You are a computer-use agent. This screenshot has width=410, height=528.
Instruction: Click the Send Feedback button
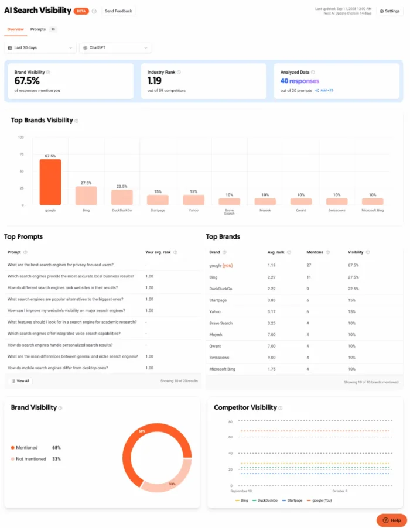click(x=118, y=11)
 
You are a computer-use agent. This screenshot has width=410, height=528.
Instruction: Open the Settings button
click(x=389, y=11)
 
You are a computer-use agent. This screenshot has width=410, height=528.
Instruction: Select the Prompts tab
click(x=38, y=29)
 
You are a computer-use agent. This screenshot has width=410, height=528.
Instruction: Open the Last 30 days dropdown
click(x=40, y=47)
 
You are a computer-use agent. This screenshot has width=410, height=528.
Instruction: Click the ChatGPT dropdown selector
click(x=115, y=47)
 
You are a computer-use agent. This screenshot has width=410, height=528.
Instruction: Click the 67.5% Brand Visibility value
click(x=27, y=81)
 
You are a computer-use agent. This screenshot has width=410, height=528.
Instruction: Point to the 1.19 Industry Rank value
click(x=155, y=81)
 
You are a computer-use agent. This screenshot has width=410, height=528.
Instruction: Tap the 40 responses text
click(x=299, y=81)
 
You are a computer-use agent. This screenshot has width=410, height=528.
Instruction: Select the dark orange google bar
click(x=50, y=182)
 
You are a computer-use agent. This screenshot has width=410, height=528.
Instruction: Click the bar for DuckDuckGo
click(x=122, y=197)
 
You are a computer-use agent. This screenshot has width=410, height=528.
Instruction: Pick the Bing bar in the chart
click(x=86, y=195)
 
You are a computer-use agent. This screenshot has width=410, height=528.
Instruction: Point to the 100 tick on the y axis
click(x=20, y=137)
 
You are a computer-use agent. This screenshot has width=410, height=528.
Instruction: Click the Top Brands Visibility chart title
click(x=42, y=120)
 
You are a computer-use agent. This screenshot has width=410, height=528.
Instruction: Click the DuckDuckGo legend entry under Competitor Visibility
click(x=267, y=500)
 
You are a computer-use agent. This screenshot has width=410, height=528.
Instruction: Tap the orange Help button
click(x=391, y=520)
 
